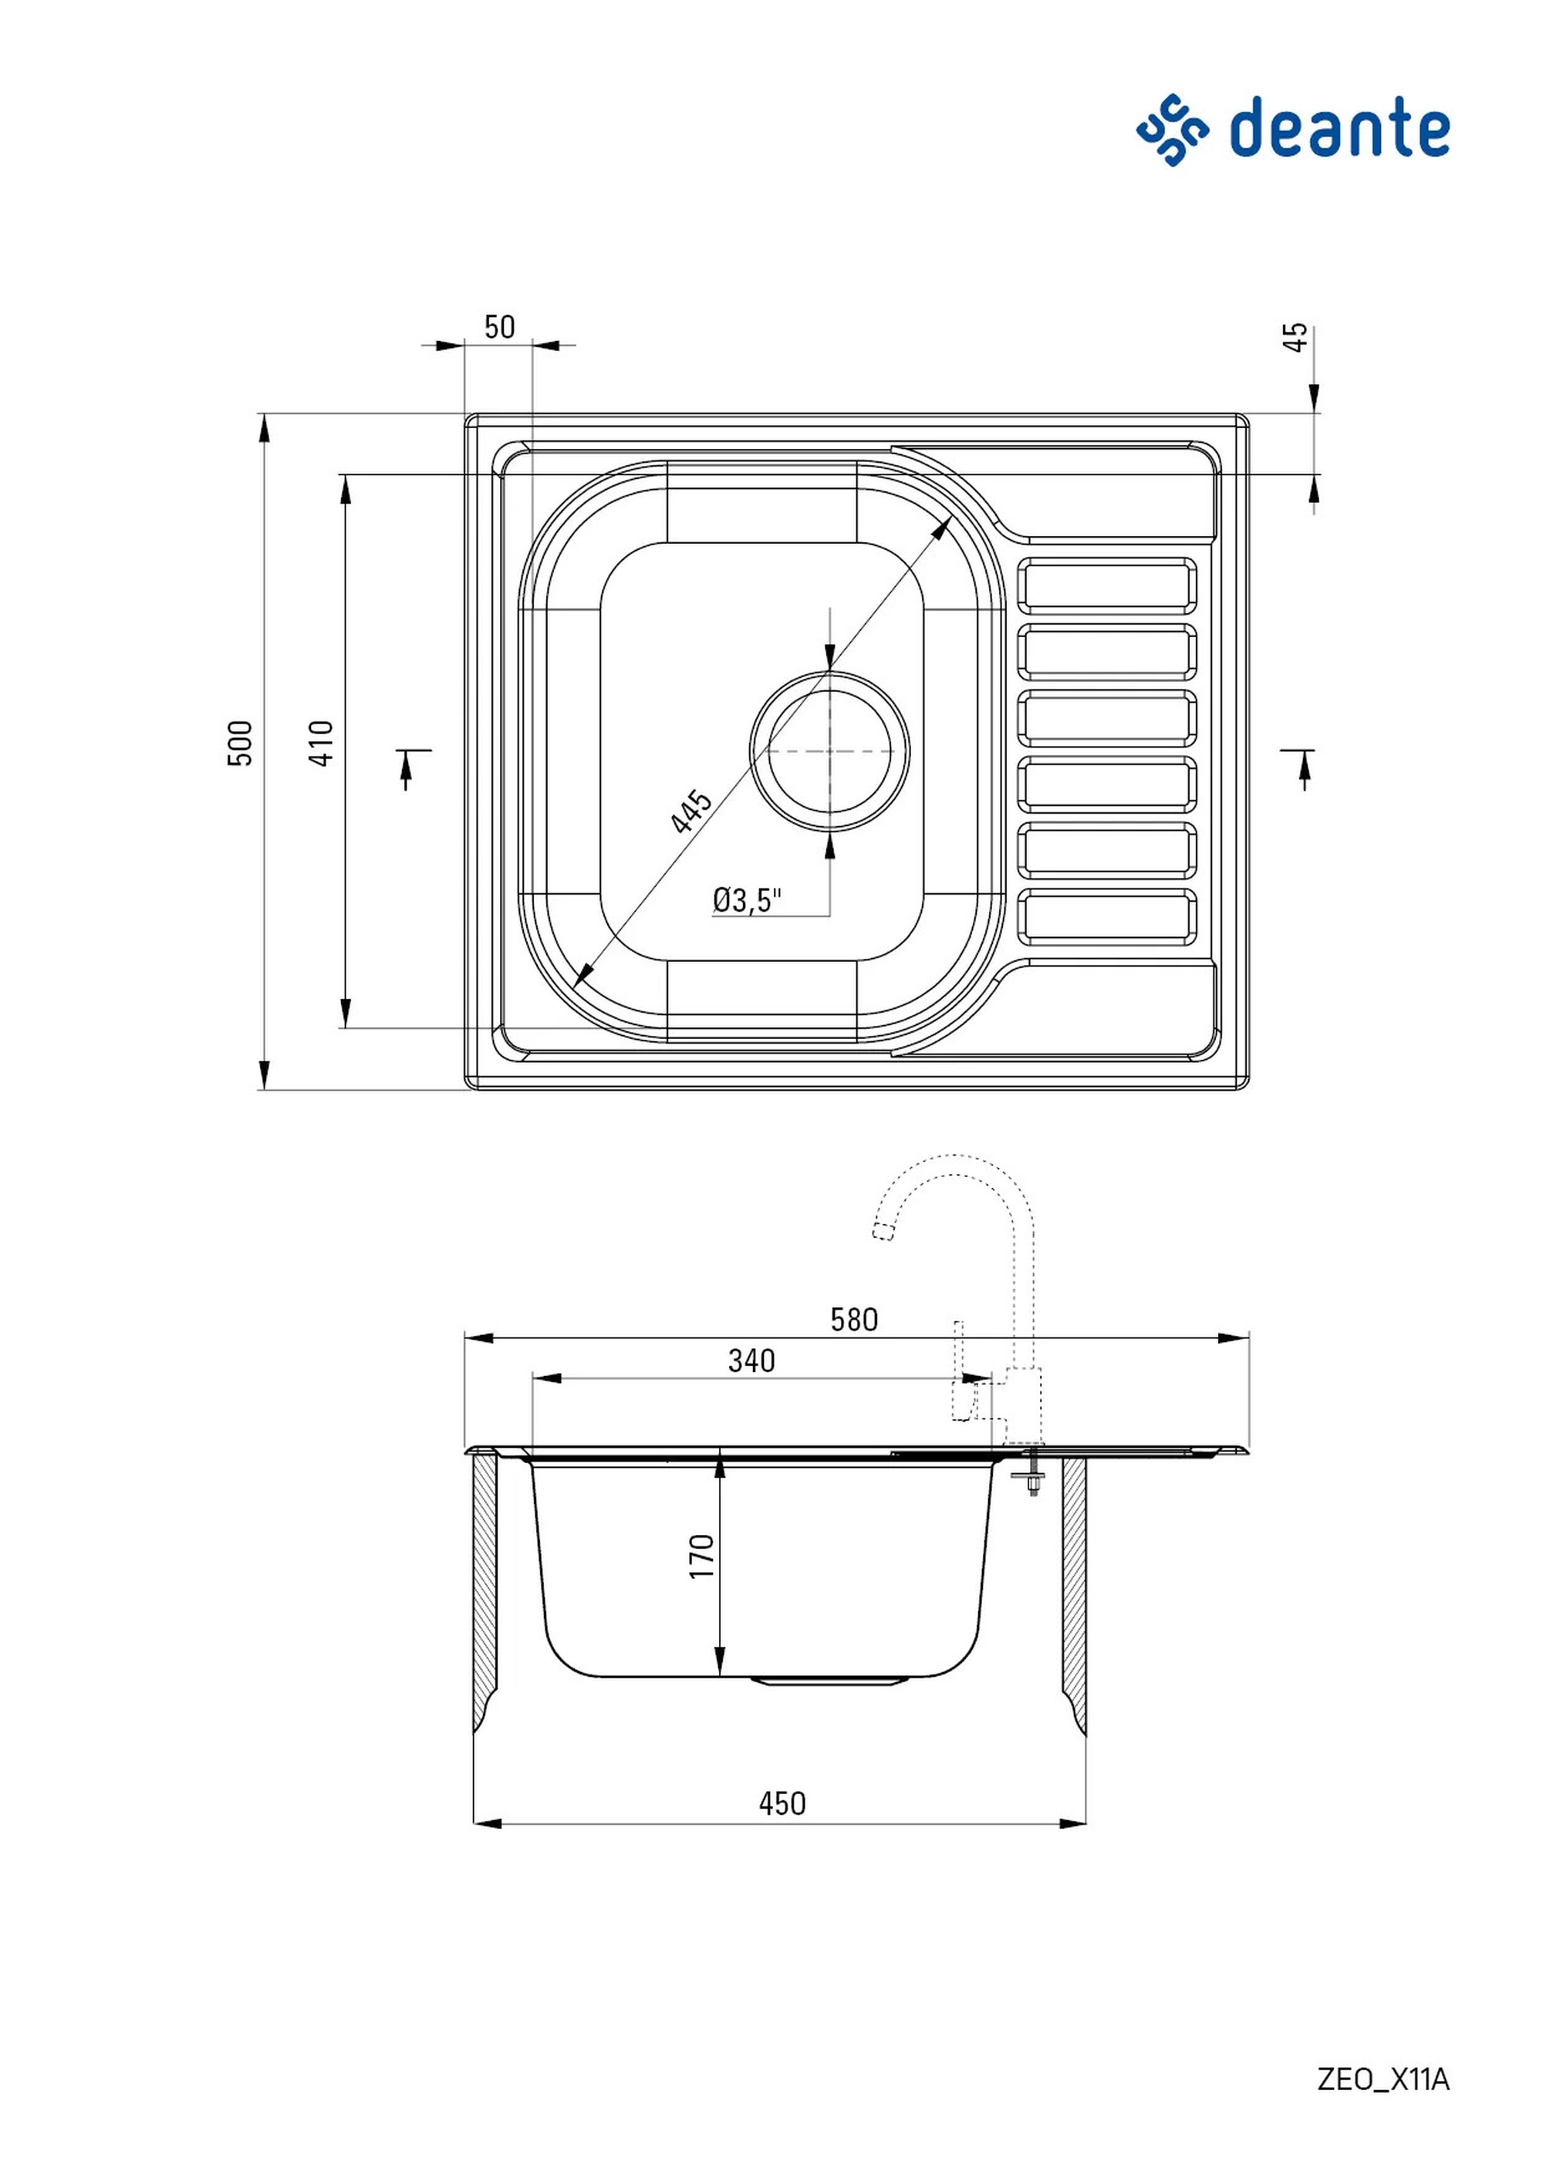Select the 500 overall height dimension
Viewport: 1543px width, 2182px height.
(241, 744)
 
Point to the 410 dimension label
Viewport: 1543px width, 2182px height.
(322, 744)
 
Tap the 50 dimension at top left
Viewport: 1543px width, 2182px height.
(499, 327)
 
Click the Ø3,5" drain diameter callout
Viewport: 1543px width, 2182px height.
(748, 899)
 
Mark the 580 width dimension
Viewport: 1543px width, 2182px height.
(854, 1319)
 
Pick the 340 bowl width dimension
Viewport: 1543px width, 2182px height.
(751, 1361)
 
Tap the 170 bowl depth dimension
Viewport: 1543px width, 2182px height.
(701, 1556)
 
